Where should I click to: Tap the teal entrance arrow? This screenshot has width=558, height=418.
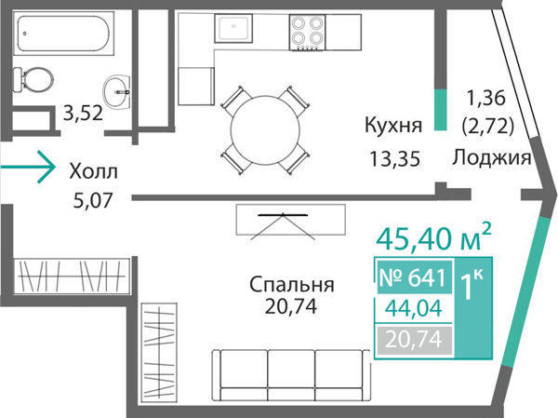[x=27, y=169]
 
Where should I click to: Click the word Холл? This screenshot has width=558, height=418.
[x=94, y=171]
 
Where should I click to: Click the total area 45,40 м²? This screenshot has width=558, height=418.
[x=432, y=239]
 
